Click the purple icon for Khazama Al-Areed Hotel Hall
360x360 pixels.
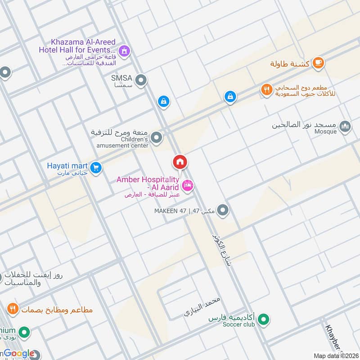point(126,50)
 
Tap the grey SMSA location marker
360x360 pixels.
point(141,81)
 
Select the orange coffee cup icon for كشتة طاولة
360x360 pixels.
point(318,63)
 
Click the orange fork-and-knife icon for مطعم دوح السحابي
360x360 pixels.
point(267,90)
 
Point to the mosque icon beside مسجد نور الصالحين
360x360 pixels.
point(345,126)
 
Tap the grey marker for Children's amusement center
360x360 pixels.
point(156,138)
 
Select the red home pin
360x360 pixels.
point(180,162)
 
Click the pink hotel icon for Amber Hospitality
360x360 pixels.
point(188,184)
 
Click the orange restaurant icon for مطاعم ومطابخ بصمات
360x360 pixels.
point(13,309)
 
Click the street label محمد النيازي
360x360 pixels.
point(202,307)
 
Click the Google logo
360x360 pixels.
point(18,354)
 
